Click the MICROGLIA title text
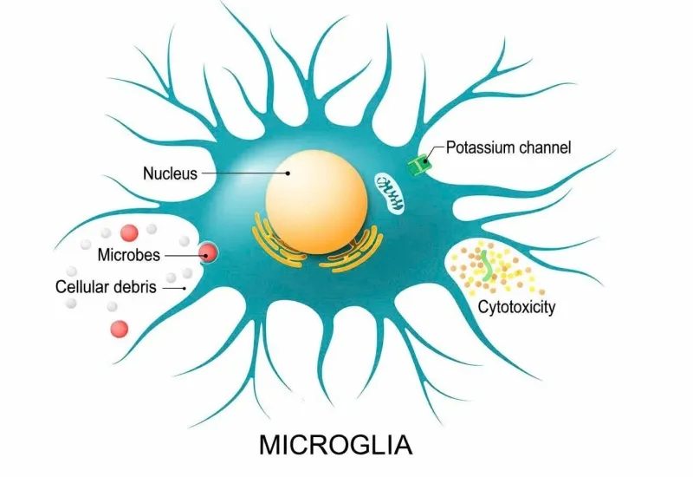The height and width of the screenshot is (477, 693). click(335, 445)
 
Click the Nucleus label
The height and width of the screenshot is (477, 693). click(170, 173)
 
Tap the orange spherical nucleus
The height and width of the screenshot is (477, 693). click(316, 202)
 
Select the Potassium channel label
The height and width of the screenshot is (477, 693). click(508, 147)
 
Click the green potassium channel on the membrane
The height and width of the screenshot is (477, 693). click(418, 165)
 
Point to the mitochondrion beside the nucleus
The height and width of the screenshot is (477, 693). click(389, 193)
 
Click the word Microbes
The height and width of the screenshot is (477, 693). click(128, 255)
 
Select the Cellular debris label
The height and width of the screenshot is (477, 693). click(106, 287)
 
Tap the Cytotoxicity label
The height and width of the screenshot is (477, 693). click(516, 307)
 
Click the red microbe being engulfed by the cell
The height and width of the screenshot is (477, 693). click(208, 253)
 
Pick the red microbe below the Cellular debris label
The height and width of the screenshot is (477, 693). click(119, 330)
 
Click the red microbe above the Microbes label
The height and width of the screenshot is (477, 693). click(129, 232)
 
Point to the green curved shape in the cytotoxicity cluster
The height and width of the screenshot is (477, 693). click(487, 266)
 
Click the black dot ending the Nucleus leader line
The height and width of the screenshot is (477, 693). click(288, 173)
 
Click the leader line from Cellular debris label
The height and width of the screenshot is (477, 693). click(174, 289)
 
